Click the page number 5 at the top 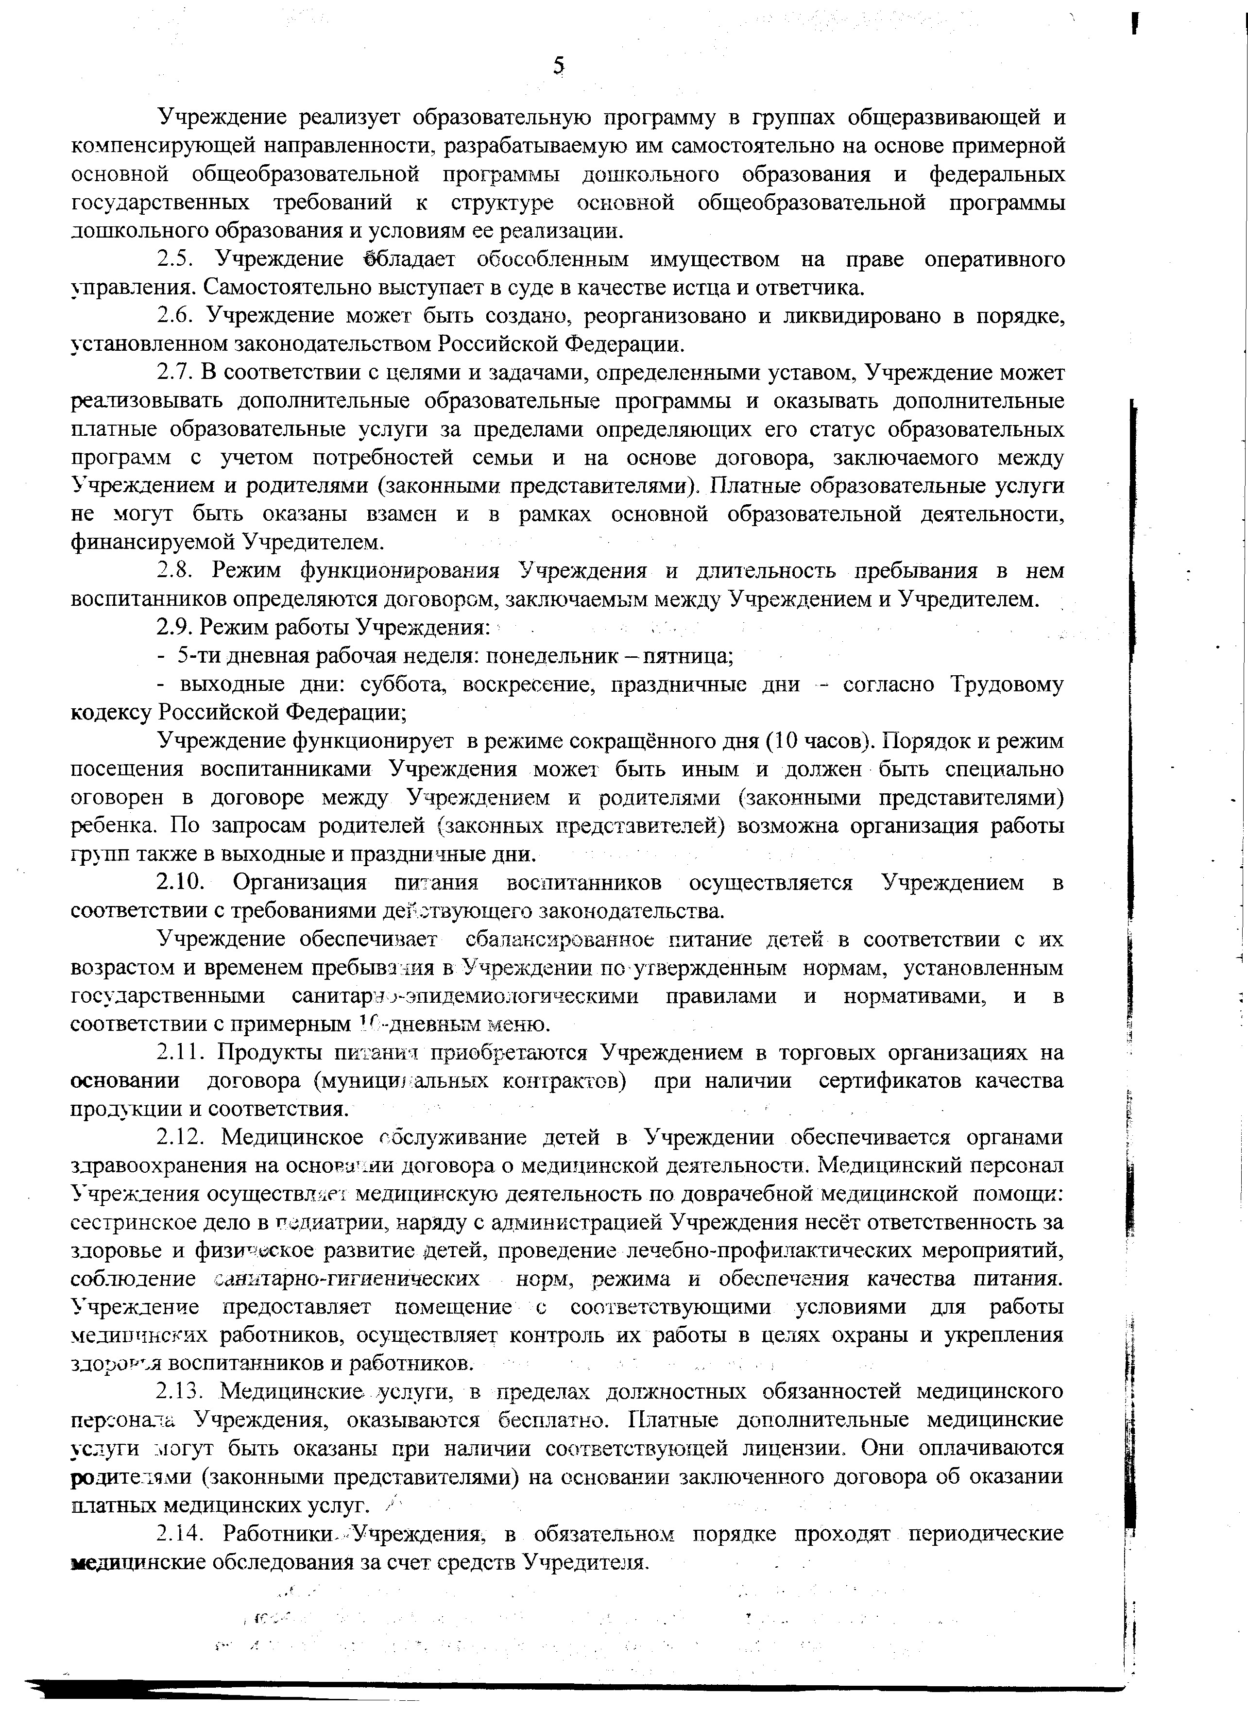[558, 67]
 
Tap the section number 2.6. [177, 316]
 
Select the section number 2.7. [177, 373]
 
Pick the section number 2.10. [181, 882]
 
